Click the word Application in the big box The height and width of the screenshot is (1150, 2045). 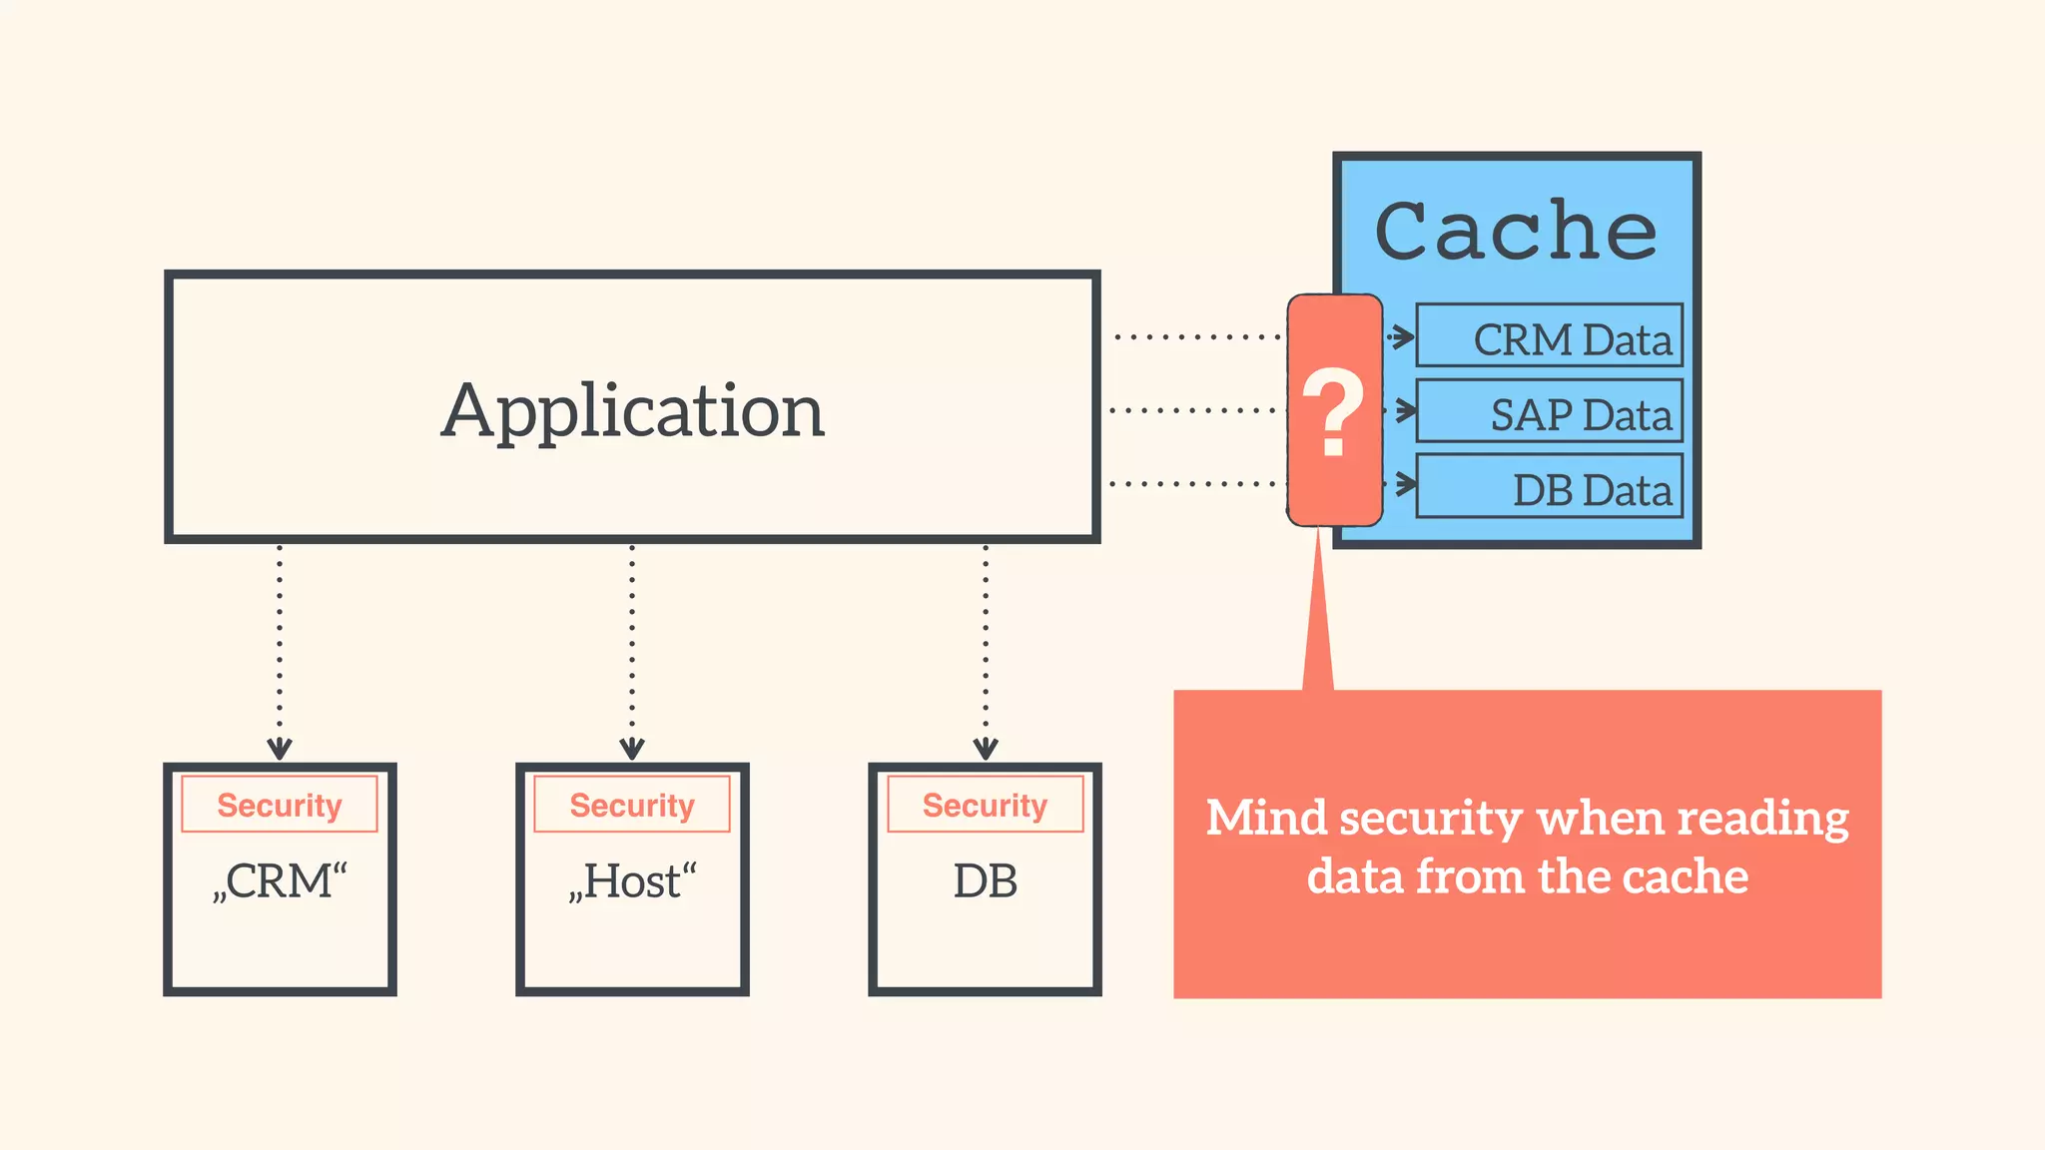(633, 411)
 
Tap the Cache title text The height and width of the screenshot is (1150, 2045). (1516, 232)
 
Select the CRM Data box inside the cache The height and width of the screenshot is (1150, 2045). (1549, 336)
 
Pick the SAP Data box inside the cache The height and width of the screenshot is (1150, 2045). (1549, 411)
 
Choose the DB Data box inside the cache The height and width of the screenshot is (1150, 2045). (1549, 486)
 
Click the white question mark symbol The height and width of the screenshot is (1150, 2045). (1334, 411)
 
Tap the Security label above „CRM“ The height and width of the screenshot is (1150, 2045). (280, 805)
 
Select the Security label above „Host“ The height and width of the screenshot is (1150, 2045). (632, 805)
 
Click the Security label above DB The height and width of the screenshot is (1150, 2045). (986, 805)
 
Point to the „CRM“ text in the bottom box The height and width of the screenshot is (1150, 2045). (280, 881)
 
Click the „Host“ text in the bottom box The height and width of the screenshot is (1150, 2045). (632, 881)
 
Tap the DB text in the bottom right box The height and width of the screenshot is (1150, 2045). (986, 881)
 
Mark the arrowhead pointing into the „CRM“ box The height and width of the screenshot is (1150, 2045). (280, 749)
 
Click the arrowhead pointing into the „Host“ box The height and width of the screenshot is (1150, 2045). (632, 749)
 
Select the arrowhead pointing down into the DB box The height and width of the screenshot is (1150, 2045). (986, 749)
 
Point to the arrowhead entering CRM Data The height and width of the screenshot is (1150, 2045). (1404, 336)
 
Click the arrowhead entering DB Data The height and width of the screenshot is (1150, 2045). (1406, 485)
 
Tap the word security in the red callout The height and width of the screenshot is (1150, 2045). (1430, 819)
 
